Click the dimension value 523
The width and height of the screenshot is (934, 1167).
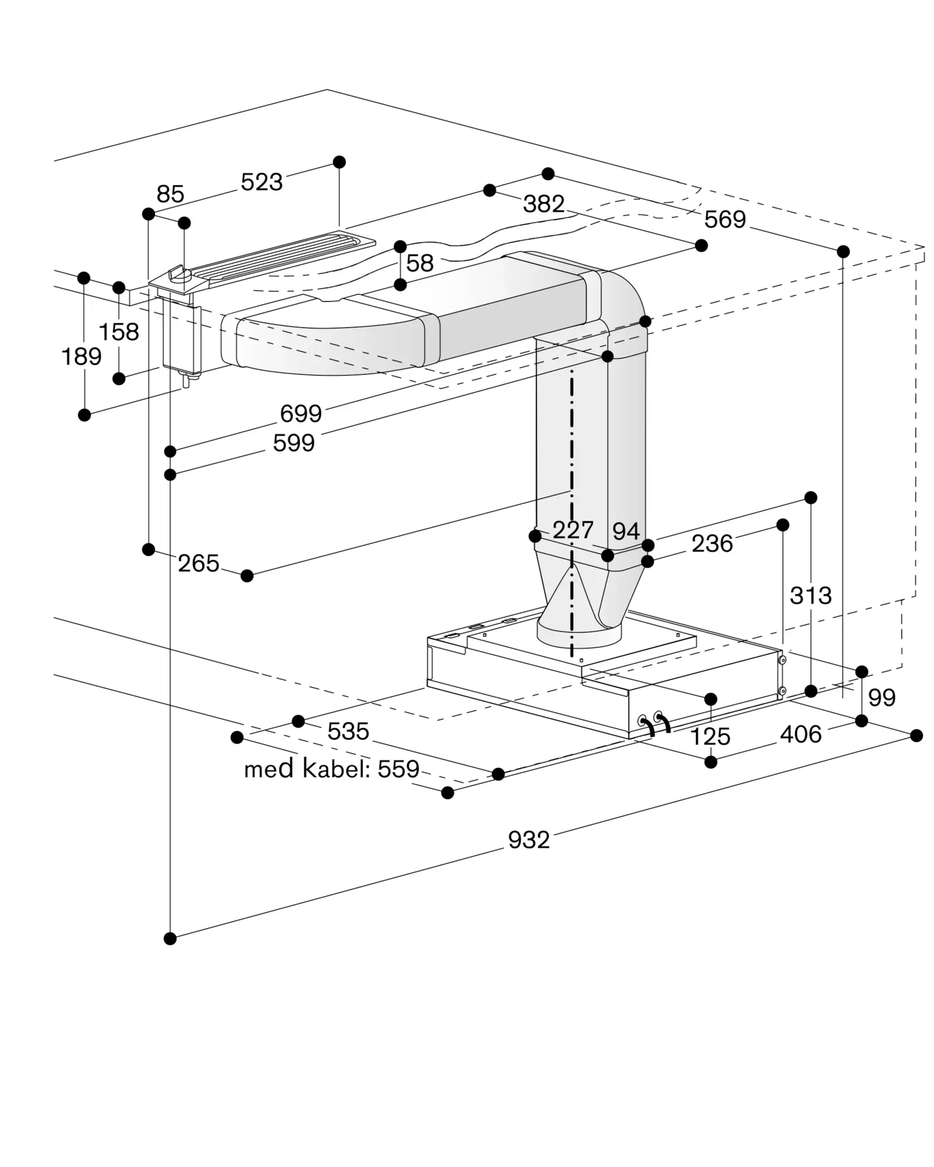click(x=262, y=182)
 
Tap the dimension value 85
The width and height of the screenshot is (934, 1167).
click(x=170, y=194)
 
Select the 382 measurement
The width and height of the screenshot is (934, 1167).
click(x=543, y=204)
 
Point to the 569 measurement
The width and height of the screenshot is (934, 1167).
click(x=725, y=219)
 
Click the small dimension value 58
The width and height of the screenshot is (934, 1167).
click(x=420, y=264)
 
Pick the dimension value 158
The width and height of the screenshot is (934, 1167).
click(x=119, y=332)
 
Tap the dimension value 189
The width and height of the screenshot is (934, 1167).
click(x=82, y=356)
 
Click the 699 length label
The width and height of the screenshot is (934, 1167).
click(x=301, y=414)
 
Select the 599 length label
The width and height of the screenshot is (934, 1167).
click(x=294, y=443)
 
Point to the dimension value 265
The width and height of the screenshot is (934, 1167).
click(x=198, y=564)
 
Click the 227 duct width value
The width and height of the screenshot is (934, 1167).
click(x=573, y=530)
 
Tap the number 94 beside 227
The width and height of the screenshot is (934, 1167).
click(x=626, y=531)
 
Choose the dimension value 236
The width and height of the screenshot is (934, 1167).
click(x=712, y=544)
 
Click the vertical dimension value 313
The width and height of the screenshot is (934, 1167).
click(x=810, y=596)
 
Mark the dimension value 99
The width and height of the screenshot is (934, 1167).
click(x=882, y=697)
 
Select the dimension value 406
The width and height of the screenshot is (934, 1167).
click(x=800, y=734)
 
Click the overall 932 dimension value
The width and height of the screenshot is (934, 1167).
click(x=529, y=840)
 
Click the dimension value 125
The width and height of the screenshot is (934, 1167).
click(x=710, y=737)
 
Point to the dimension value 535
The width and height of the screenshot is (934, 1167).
click(x=348, y=731)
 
